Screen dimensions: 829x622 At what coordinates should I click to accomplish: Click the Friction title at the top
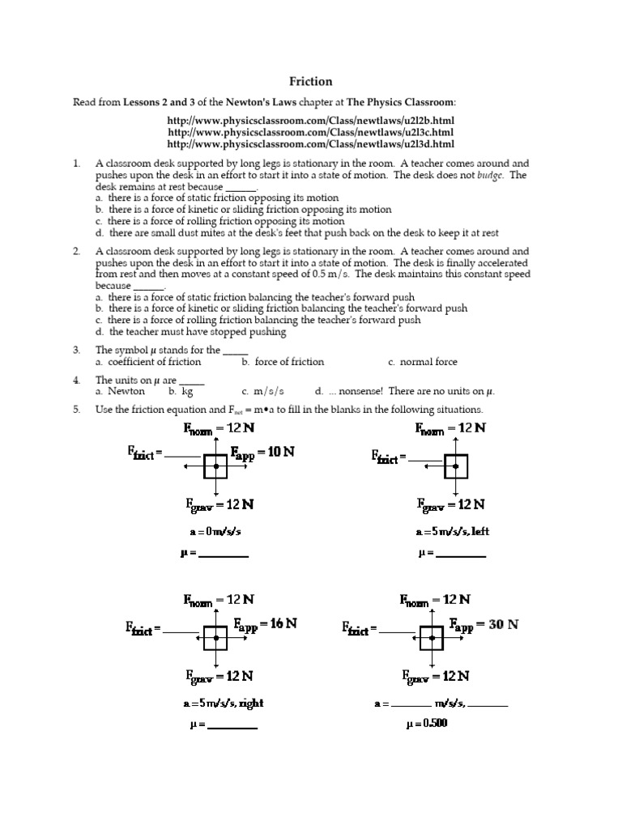coord(311,82)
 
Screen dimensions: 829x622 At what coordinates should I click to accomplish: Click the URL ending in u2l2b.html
coord(310,120)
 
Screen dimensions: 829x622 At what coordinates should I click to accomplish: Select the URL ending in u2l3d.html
coord(310,144)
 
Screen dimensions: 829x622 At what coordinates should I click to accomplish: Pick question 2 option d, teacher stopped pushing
coord(191,332)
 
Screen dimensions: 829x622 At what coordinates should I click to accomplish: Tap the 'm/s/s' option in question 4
coord(263,391)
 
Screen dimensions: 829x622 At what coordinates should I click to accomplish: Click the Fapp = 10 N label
coord(262,453)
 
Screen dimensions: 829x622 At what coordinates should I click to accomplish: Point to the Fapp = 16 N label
coord(266,624)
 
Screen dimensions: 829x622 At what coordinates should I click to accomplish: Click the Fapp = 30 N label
coord(484,624)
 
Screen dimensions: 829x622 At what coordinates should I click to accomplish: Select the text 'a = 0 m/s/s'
coord(215,532)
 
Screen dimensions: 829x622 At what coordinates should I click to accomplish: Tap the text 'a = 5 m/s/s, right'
coord(223,703)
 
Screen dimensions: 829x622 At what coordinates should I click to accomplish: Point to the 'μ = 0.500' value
coord(426,723)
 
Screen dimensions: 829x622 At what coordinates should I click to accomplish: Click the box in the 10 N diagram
coord(215,467)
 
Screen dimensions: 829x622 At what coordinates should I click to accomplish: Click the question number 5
coord(76,410)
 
